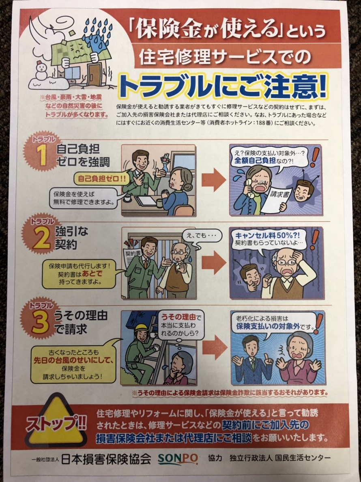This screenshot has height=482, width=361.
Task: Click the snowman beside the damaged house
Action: click(x=41, y=71)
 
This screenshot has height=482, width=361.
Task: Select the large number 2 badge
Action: click(x=40, y=237)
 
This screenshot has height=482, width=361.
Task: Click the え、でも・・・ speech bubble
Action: click(x=198, y=237)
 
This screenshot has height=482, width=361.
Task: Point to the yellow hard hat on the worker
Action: click(x=141, y=328)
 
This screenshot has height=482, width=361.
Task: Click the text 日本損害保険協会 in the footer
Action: click(x=106, y=459)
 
